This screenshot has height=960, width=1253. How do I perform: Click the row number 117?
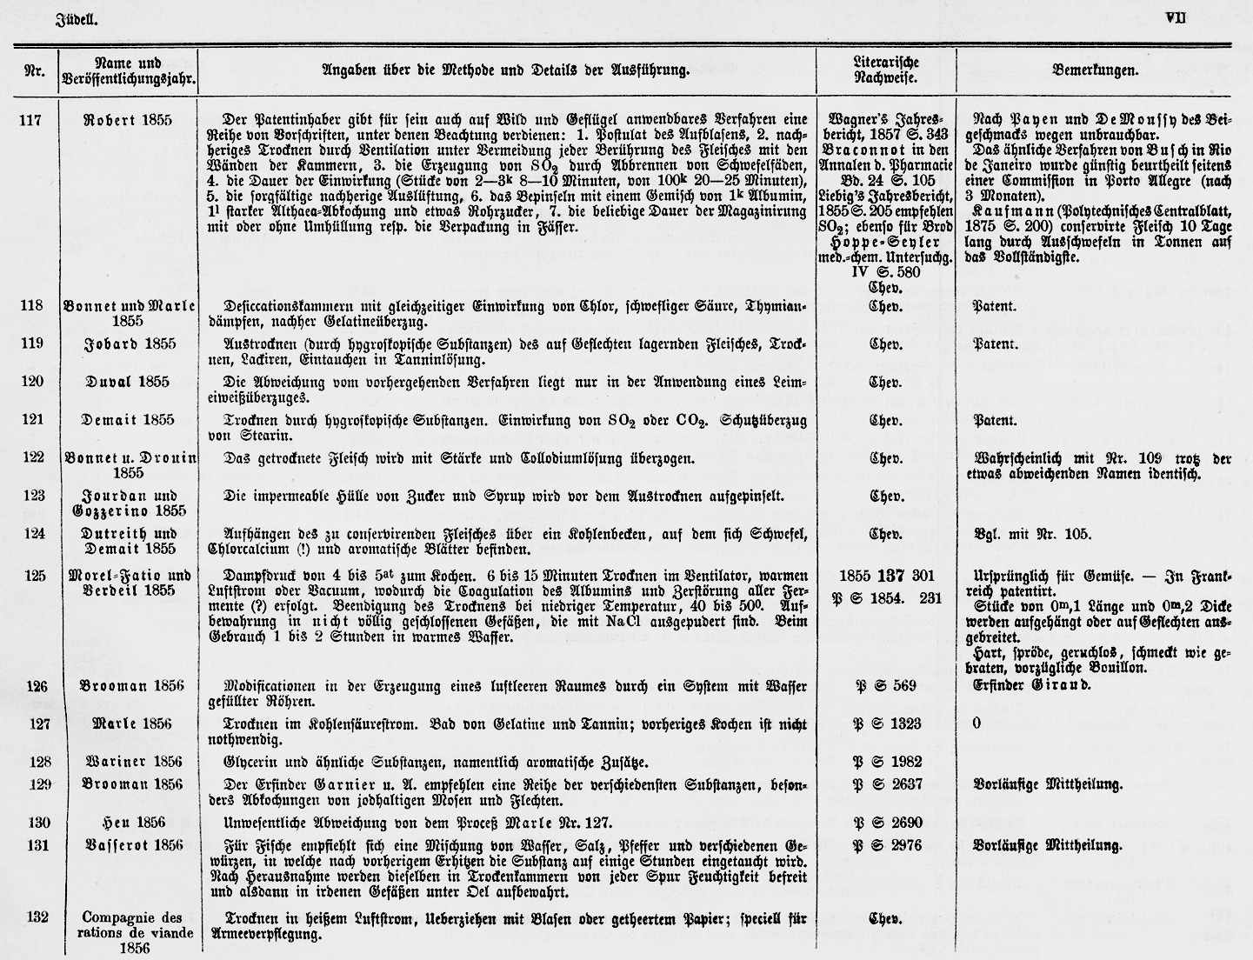(31, 120)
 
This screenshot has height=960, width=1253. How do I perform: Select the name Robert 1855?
(127, 120)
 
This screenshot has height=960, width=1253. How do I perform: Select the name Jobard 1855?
(129, 343)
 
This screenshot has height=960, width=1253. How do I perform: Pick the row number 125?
(31, 576)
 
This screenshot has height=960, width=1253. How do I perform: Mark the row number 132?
(31, 917)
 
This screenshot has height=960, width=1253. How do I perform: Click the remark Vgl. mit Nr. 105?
(1031, 534)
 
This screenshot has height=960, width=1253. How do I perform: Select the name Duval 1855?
(127, 382)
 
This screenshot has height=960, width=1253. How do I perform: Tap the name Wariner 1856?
(127, 763)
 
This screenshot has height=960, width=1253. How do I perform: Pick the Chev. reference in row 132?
(885, 918)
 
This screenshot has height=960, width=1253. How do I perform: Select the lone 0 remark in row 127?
(976, 723)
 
